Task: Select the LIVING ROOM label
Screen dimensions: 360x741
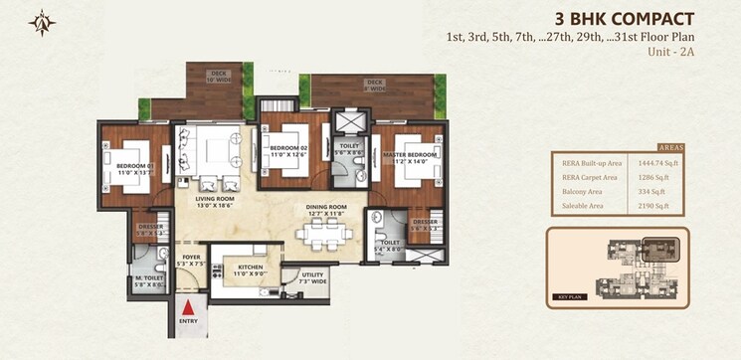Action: (215, 201)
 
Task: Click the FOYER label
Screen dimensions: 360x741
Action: (191, 261)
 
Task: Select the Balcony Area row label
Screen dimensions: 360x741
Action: (581, 192)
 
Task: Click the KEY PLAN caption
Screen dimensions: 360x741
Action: (570, 297)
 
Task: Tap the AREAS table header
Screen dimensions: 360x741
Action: (670, 145)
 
